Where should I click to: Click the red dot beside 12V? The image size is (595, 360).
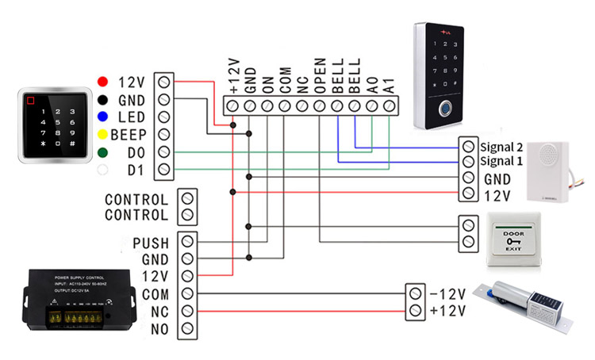coord(102,82)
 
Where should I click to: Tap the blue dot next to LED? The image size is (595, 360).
coord(102,117)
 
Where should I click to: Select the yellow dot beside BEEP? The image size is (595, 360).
coord(102,134)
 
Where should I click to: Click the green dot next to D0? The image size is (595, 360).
coord(102,151)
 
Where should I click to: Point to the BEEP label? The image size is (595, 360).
coord(129,134)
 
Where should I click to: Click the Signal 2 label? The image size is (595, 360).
coord(502,147)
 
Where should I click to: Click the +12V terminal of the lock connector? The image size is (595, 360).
coord(414,309)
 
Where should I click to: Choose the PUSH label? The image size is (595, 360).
coord(151,242)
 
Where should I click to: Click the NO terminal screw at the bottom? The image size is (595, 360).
coord(187,328)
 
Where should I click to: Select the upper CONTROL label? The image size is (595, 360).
coord(136,199)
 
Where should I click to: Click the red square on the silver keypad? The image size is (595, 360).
coord(32,101)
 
